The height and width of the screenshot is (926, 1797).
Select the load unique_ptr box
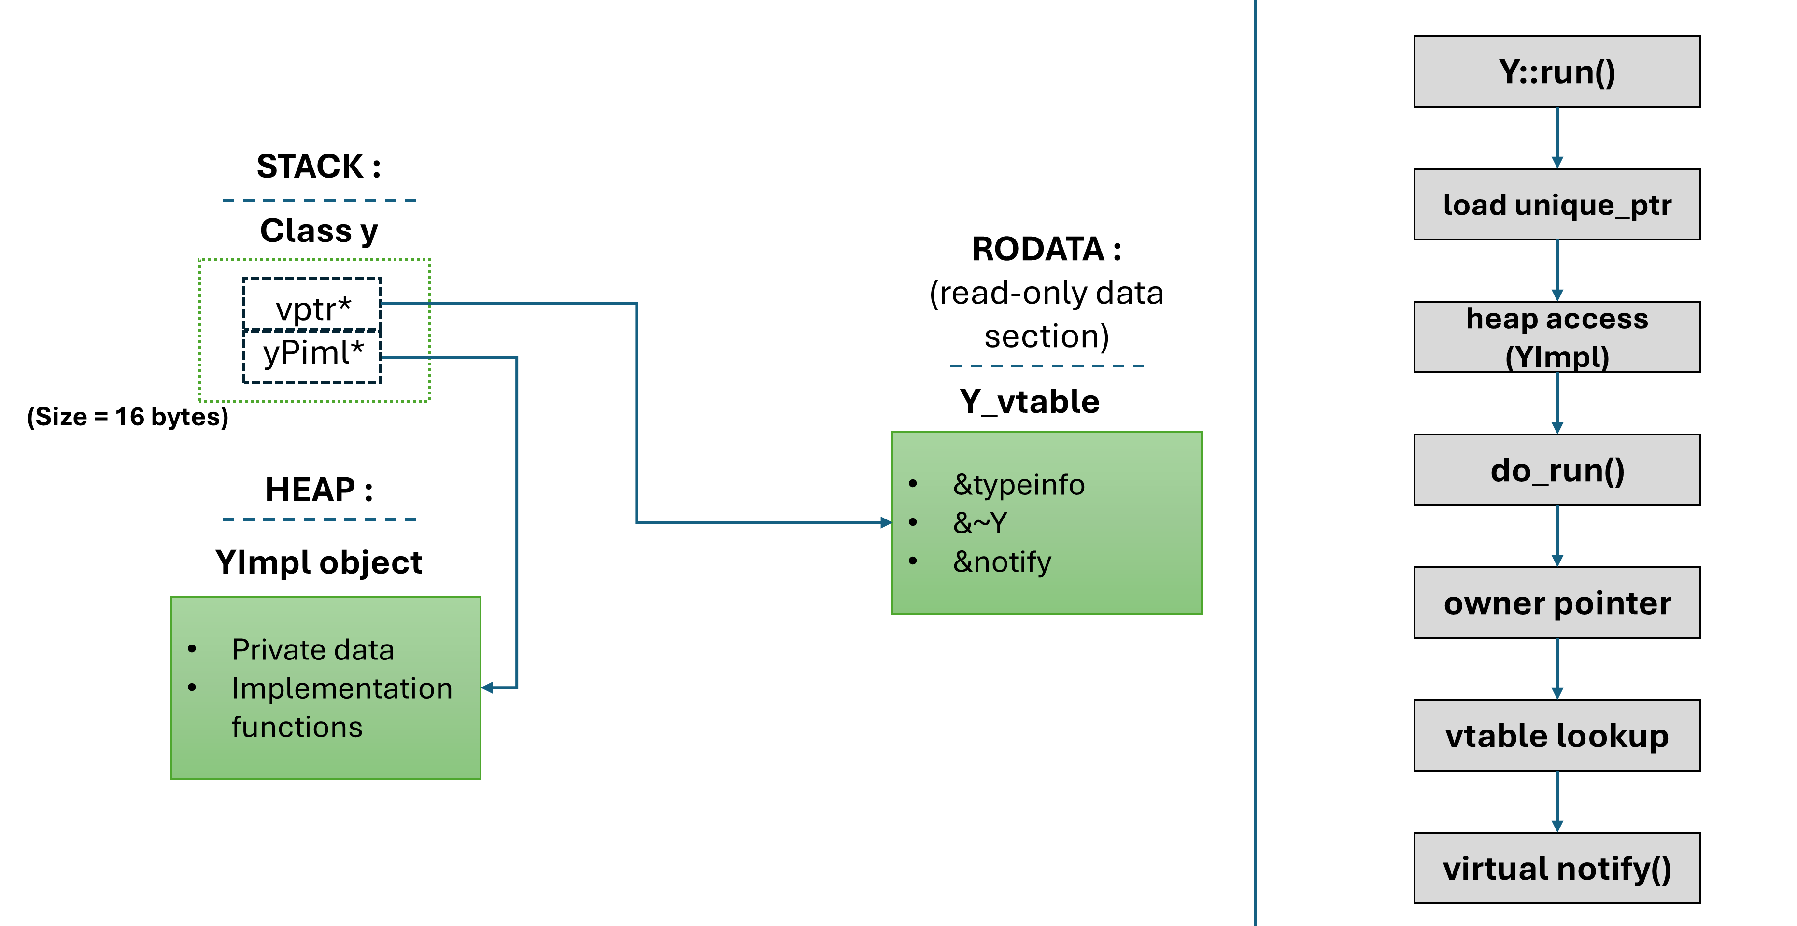click(1557, 204)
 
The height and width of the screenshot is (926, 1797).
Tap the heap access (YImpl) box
click(1557, 337)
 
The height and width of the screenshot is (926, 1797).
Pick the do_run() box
click(1557, 470)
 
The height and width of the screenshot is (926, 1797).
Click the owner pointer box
click(1557, 603)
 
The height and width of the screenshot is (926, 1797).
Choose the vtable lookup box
click(1557, 735)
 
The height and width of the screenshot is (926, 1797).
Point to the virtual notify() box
click(1557, 868)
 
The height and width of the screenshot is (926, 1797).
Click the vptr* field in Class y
click(312, 304)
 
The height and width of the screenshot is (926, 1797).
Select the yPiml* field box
click(312, 356)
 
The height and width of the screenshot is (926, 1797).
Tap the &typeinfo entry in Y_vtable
click(1019, 485)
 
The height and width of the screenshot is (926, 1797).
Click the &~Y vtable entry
click(980, 523)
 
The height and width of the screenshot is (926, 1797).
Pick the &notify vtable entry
click(1002, 562)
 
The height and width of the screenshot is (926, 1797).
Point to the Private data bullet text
click(313, 650)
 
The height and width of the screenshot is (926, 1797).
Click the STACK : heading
click(319, 166)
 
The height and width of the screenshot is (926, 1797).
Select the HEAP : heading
click(319, 490)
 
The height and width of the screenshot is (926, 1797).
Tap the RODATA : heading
click(1047, 249)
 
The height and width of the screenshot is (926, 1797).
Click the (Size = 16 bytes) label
click(127, 417)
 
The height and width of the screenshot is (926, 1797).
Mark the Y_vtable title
click(1030, 402)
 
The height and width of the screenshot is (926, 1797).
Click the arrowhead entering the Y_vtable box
click(887, 522)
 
